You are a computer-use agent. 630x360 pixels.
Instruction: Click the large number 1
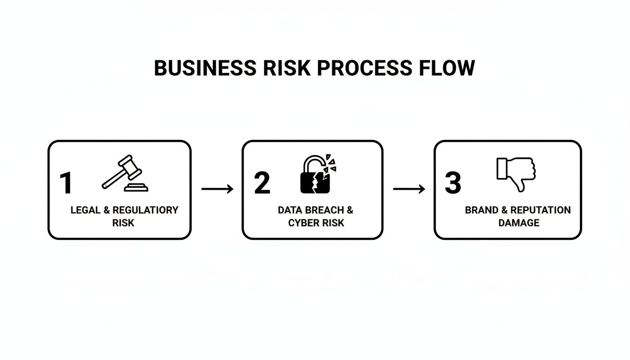(66, 183)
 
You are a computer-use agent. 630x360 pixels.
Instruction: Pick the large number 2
(262, 183)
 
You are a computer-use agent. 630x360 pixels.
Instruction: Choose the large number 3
(453, 183)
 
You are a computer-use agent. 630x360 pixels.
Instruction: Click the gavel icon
(125, 173)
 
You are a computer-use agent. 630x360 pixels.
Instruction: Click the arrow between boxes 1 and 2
(217, 189)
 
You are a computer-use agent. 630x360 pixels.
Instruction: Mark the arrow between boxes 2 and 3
(409, 189)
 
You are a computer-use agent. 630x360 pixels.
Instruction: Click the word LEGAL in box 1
(86, 210)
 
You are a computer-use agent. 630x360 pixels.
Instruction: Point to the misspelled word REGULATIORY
(145, 210)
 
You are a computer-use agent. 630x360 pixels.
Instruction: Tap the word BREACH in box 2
(324, 210)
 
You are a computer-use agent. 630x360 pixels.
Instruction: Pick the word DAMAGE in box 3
(518, 223)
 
